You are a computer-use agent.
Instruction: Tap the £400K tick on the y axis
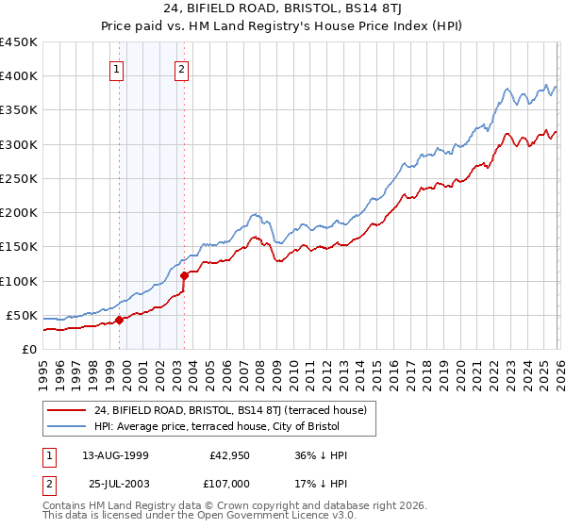(18, 76)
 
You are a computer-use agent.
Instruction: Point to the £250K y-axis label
(18, 178)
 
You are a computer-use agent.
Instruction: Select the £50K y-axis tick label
(22, 315)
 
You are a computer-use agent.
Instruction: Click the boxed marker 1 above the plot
(115, 68)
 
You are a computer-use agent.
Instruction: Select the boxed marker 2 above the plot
(180, 68)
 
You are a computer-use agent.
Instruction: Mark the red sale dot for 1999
(120, 320)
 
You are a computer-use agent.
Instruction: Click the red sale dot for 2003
(185, 276)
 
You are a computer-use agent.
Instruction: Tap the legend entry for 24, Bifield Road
(236, 409)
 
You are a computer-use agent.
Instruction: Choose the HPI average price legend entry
(235, 426)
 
